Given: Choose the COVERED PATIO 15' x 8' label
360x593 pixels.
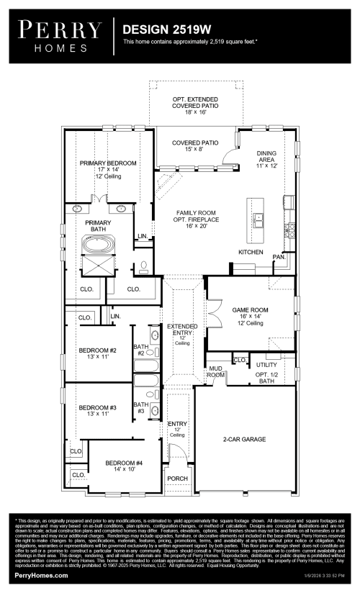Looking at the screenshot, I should tap(194, 147).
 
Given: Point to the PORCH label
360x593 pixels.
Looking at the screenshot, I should tap(177, 478).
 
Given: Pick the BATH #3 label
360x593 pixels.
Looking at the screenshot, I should tap(141, 408).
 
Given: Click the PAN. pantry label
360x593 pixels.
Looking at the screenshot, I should tap(279, 257).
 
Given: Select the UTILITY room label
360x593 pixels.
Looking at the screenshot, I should tap(266, 366).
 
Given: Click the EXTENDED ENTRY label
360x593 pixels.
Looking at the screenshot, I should tap(182, 330).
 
